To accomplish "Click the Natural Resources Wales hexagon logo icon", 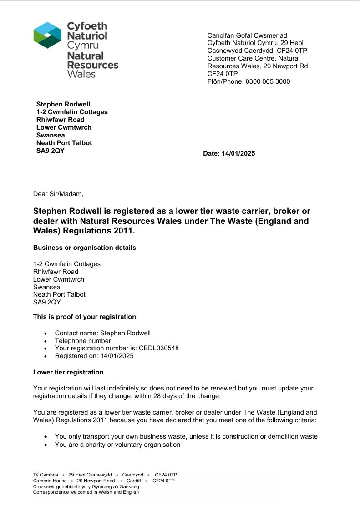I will coord(47,35).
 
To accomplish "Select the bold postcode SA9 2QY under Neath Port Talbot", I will coord(51,151).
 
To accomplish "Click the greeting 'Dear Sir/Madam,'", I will coord(58,194).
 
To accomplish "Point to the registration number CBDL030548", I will coord(159,349).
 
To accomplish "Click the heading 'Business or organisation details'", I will coord(85,248).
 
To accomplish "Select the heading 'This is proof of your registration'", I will coord(85,317).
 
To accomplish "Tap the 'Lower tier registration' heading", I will coord(68,373).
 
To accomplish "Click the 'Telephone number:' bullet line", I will coord(84,341).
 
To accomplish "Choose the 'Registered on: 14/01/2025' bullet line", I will coord(94,356).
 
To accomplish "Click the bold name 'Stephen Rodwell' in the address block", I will coord(63,105).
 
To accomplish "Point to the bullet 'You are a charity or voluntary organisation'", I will coord(118,445).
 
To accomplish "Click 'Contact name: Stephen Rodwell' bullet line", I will coord(103,333).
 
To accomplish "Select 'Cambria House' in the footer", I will coord(50,481).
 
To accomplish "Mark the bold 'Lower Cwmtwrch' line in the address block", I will coord(64,128).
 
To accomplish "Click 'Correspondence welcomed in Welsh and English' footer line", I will coord(86,492).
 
